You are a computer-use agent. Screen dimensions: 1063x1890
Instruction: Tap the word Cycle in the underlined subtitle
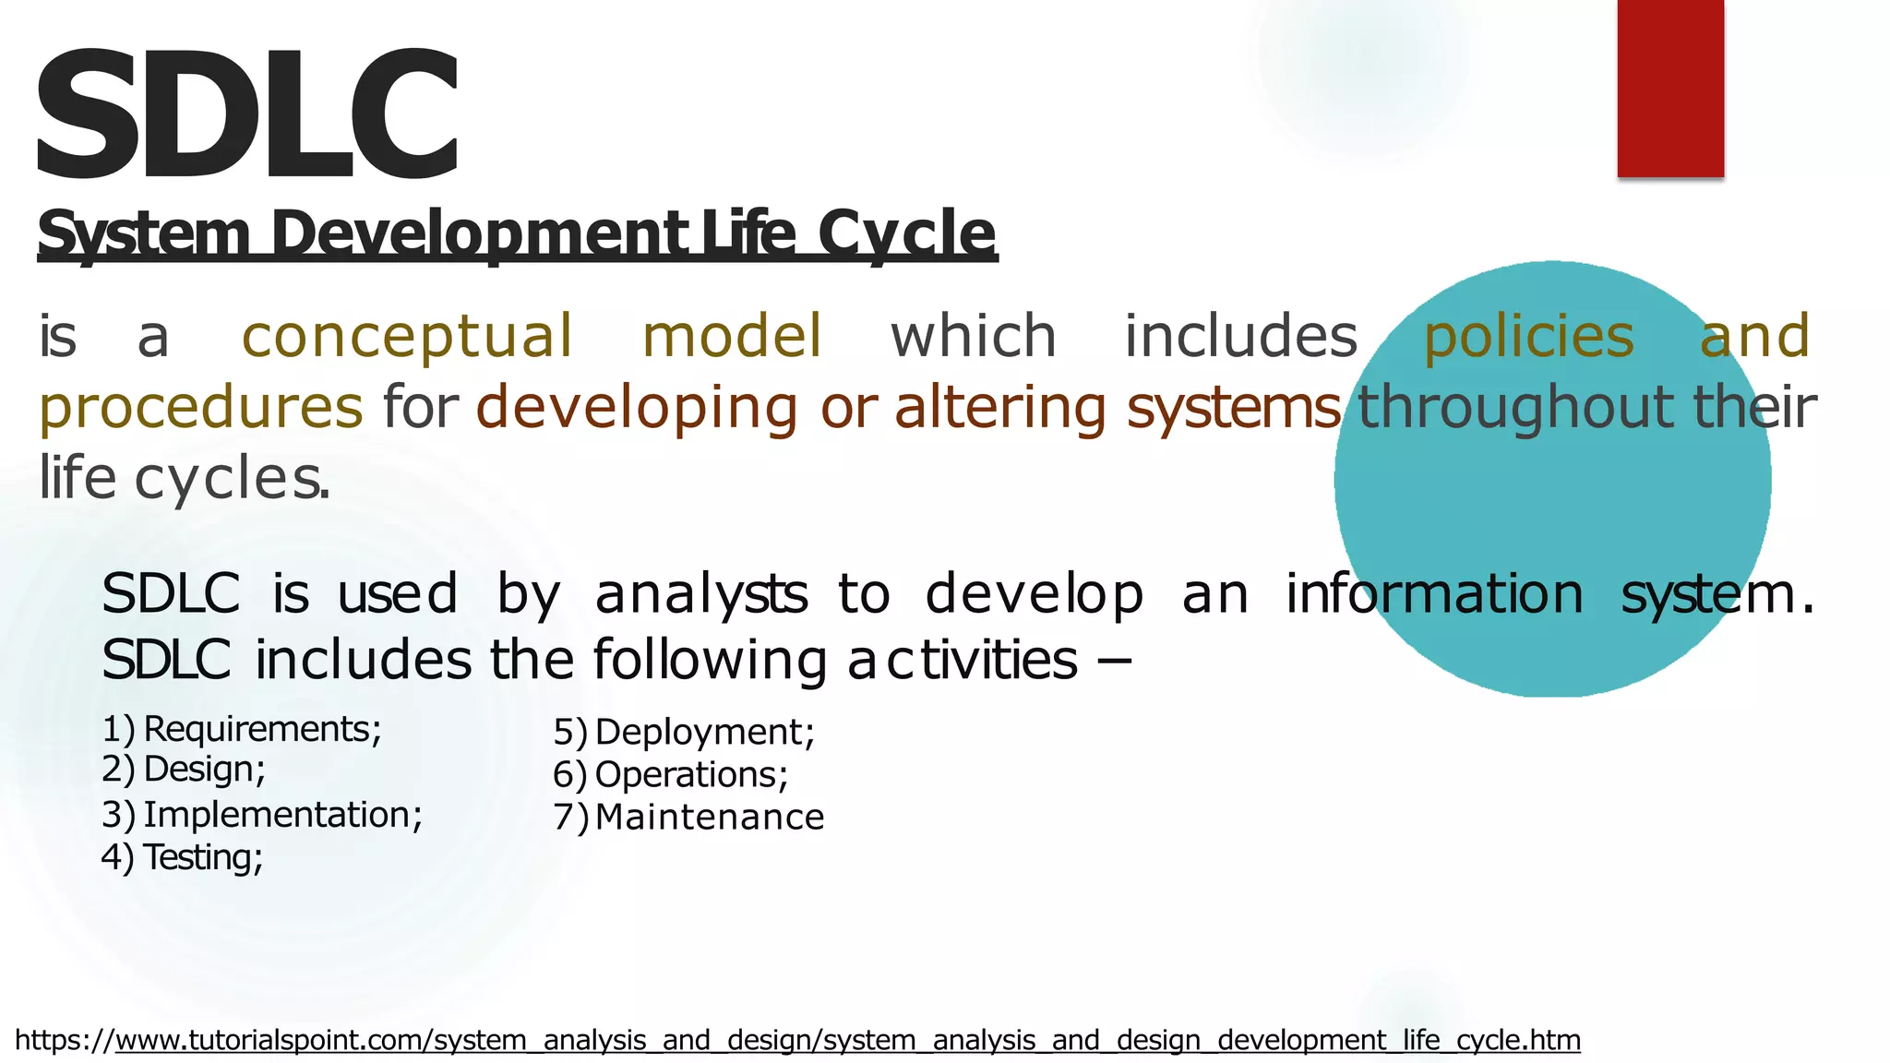click(x=906, y=233)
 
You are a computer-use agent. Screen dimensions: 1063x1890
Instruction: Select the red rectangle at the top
click(x=1670, y=88)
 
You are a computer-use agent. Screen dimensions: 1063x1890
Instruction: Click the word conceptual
click(x=407, y=336)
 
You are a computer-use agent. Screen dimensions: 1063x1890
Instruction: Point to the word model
click(x=731, y=336)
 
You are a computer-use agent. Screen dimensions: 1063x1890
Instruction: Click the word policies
click(x=1528, y=336)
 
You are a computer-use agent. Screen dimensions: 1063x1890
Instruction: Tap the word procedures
click(x=201, y=407)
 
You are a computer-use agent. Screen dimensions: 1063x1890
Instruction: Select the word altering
click(x=999, y=407)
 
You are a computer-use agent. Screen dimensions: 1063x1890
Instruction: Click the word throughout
click(x=1514, y=407)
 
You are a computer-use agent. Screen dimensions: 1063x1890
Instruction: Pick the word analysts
click(x=701, y=593)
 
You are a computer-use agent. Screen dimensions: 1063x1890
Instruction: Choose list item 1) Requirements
click(x=242, y=729)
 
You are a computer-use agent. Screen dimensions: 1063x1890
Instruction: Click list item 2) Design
click(x=185, y=769)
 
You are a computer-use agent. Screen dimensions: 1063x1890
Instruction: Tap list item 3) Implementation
click(x=262, y=815)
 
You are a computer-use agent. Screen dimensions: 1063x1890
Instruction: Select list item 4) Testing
click(x=183, y=857)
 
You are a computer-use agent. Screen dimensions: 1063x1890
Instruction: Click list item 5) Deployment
click(x=685, y=732)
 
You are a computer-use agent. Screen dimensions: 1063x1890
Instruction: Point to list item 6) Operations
click(x=671, y=774)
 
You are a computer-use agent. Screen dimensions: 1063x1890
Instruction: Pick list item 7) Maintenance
click(x=688, y=818)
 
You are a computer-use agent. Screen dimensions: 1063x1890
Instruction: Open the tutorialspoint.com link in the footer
click(x=847, y=1040)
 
